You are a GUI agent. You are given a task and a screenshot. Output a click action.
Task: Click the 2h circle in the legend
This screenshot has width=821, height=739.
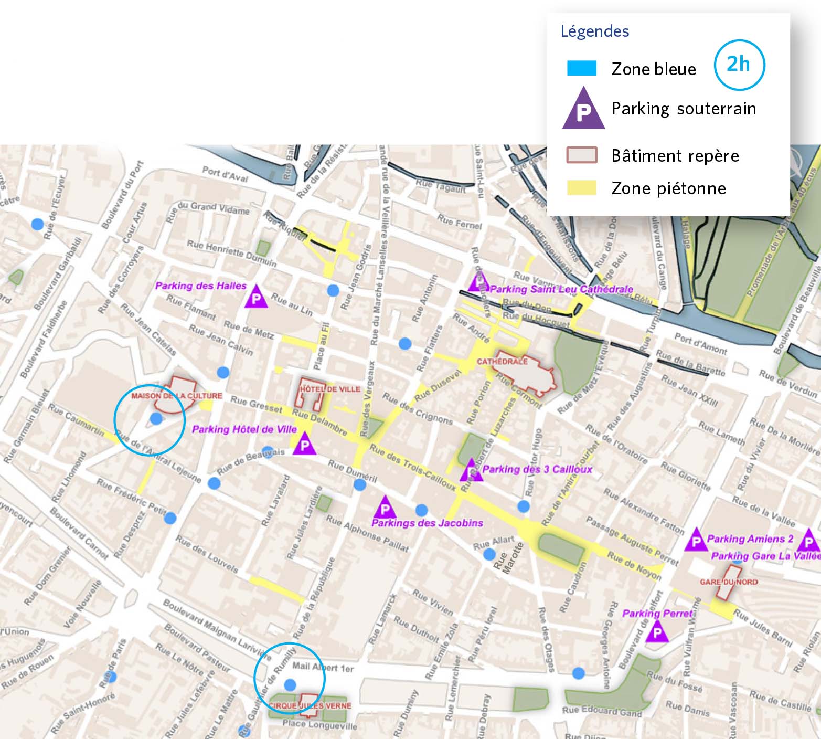[x=739, y=65]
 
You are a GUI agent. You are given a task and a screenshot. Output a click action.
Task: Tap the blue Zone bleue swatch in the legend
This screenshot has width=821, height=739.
[x=581, y=69]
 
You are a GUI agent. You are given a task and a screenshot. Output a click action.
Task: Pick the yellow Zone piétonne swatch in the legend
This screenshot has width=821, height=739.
[x=581, y=188]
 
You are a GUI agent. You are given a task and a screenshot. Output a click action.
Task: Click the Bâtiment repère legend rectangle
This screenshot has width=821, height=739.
[x=581, y=155]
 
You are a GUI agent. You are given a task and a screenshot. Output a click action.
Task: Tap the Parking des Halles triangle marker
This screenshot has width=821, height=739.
[x=256, y=298]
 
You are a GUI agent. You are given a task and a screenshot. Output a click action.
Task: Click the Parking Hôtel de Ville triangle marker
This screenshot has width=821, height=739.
[x=304, y=446]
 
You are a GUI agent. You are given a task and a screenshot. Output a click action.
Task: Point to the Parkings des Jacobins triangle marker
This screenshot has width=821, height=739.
[x=386, y=508]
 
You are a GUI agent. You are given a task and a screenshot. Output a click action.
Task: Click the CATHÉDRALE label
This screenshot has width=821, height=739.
[x=502, y=362]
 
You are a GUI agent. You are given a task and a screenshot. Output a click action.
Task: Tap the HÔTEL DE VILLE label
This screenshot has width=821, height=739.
[x=329, y=389]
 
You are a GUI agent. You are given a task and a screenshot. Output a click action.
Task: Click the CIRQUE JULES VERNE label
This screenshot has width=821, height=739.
[x=310, y=706]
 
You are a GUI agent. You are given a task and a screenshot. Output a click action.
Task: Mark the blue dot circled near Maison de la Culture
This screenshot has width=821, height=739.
[x=156, y=418]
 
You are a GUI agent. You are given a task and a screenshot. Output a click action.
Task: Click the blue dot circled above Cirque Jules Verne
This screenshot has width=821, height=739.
[x=290, y=684]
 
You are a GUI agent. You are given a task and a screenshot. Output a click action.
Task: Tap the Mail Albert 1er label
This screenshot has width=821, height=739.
[x=323, y=667]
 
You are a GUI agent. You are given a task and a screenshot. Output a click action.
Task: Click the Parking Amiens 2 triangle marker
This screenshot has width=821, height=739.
[x=696, y=541]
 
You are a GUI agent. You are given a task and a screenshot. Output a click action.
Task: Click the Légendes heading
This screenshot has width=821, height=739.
[x=594, y=31]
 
